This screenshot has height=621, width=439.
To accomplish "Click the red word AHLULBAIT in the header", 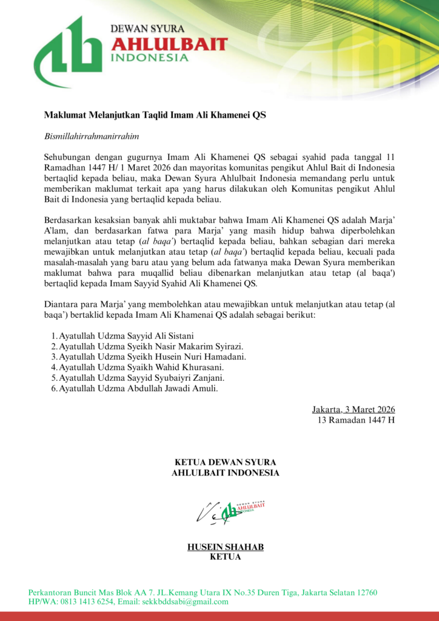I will [x=170, y=44].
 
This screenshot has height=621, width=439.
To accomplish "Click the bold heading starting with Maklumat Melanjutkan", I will [x=155, y=115].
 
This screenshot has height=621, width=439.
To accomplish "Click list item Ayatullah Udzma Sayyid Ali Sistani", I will [x=127, y=335].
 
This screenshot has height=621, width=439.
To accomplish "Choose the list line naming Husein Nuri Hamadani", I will [x=149, y=357].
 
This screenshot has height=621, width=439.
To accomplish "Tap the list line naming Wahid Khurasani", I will [x=138, y=368].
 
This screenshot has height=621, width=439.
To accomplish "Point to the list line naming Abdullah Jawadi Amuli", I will [x=135, y=389].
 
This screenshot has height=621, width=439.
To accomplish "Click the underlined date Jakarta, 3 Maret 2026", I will [x=354, y=409].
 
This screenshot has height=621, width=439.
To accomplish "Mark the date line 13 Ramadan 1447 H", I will [x=357, y=420].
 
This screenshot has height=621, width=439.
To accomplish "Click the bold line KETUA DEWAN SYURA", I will [x=225, y=462].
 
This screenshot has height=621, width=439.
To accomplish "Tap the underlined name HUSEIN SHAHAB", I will [x=225, y=547].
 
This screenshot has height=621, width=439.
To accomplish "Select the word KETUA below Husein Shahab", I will [x=225, y=557].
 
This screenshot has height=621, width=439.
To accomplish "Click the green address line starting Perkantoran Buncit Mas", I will [x=203, y=592].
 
